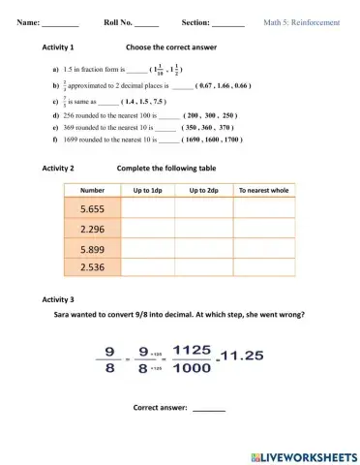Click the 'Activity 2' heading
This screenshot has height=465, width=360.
59,168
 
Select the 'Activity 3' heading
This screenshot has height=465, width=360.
59,298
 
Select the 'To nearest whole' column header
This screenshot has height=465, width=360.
263,190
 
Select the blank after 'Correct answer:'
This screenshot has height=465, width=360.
209,408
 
